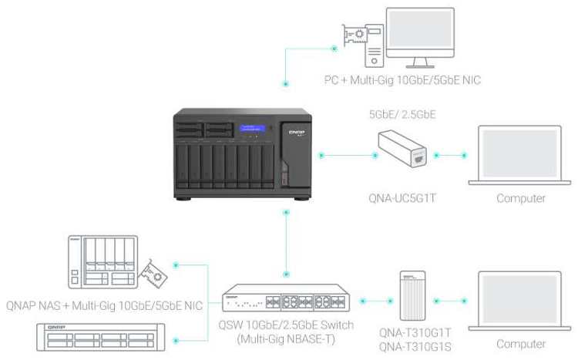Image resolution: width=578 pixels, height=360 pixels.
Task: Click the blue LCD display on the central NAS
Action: tap(253, 129)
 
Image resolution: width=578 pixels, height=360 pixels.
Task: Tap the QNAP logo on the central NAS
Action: tap(297, 132)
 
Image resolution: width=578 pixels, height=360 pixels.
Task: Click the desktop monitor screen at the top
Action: tap(420, 29)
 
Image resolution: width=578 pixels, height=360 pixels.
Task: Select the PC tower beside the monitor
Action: tap(374, 45)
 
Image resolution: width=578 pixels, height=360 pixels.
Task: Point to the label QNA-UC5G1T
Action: tap(402, 198)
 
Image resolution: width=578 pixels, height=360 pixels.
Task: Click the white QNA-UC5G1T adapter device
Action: tap(402, 150)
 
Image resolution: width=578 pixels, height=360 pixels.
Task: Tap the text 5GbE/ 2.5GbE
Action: tap(402, 114)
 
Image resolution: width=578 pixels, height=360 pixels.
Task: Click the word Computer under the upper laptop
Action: tap(521, 198)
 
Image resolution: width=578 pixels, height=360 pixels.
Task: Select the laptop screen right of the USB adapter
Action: tap(519, 153)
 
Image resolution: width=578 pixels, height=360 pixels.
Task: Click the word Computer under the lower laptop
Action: tap(521, 344)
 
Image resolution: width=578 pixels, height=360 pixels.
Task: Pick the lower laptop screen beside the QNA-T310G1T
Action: tap(519, 299)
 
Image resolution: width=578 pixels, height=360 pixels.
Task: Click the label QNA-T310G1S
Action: tap(415, 347)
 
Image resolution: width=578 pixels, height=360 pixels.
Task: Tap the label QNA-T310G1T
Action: tap(415, 333)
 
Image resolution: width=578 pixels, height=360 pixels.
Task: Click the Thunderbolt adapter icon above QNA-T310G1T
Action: tap(413, 296)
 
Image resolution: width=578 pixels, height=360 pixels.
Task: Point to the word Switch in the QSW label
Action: tap(337, 325)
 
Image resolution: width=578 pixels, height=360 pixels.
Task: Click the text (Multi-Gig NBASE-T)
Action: tap(286, 339)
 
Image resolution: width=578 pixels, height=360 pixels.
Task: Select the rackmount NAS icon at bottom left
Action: tap(101, 337)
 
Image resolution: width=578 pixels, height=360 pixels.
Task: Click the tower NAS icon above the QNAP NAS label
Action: tap(103, 262)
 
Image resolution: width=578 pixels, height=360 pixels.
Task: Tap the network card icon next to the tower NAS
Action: tap(153, 274)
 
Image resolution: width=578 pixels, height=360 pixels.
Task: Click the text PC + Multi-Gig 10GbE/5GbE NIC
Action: tap(402, 80)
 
